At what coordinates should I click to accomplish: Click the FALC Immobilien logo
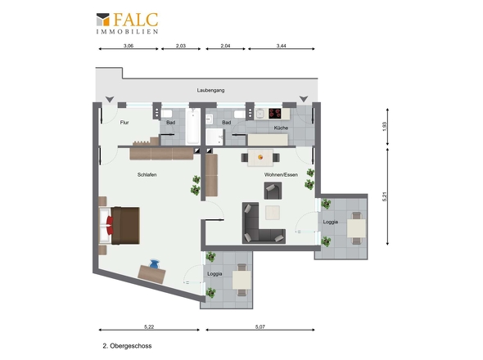(x=127, y=23)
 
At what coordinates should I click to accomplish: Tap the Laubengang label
(x=210, y=90)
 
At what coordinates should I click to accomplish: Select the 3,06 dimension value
(x=129, y=46)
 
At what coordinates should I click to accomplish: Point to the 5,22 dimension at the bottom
(x=149, y=326)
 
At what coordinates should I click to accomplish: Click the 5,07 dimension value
(x=260, y=326)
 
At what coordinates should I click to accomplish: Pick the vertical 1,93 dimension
(x=384, y=127)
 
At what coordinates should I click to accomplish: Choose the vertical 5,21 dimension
(x=384, y=196)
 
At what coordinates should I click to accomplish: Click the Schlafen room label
(x=147, y=174)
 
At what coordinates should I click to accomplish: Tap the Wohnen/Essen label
(x=281, y=174)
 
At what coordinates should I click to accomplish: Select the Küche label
(x=281, y=128)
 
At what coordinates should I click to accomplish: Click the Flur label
(x=124, y=123)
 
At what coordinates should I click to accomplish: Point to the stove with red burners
(x=275, y=114)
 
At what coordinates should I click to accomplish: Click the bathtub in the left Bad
(x=193, y=126)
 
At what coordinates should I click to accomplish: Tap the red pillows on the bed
(x=110, y=226)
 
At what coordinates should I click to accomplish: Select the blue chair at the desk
(x=154, y=264)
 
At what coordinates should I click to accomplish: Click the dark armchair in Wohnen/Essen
(x=273, y=191)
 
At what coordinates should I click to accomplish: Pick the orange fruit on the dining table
(x=260, y=157)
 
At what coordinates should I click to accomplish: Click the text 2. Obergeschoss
(x=127, y=346)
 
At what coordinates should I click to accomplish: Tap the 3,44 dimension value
(x=282, y=46)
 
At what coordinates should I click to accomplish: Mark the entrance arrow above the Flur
(x=110, y=100)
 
